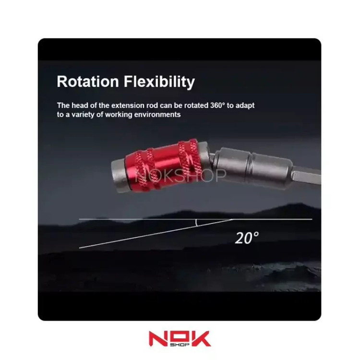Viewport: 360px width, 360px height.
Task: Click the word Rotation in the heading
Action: pyautogui.click(x=88, y=82)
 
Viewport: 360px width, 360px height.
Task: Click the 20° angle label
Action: pyautogui.click(x=247, y=238)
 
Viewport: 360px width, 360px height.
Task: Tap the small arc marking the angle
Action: pyautogui.click(x=196, y=223)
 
